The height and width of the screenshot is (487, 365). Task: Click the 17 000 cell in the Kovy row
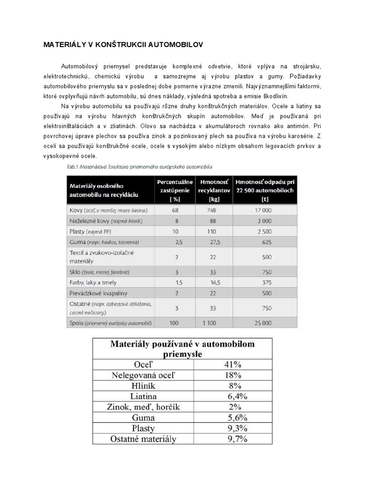(266, 210)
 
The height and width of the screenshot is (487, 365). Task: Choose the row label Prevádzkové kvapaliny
(99, 293)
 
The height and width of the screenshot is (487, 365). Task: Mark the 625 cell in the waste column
(266, 242)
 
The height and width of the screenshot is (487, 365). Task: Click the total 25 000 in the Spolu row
(266, 323)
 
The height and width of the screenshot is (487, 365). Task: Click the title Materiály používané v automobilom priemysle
(183, 349)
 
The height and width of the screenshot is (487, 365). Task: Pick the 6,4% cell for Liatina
(233, 396)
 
